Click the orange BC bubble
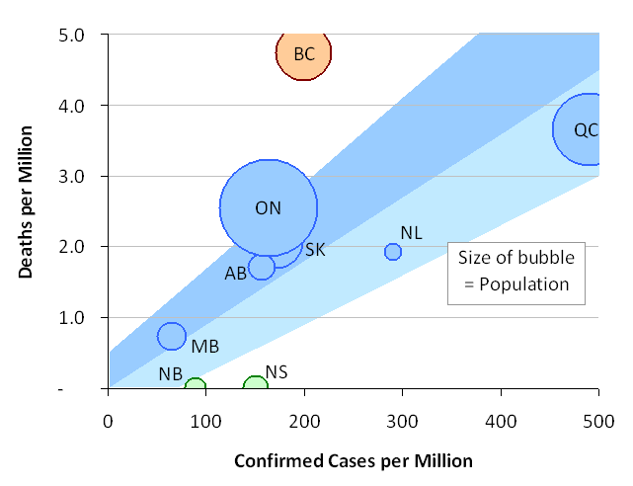[304, 53]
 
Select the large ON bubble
[269, 207]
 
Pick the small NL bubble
[393, 252]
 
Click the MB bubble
[172, 336]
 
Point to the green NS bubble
[256, 386]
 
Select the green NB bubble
[196, 387]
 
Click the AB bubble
[262, 267]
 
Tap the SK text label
[315, 250]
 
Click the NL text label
[412, 233]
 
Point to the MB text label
[204, 347]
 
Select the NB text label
[170, 375]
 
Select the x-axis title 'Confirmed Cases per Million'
[354, 461]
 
